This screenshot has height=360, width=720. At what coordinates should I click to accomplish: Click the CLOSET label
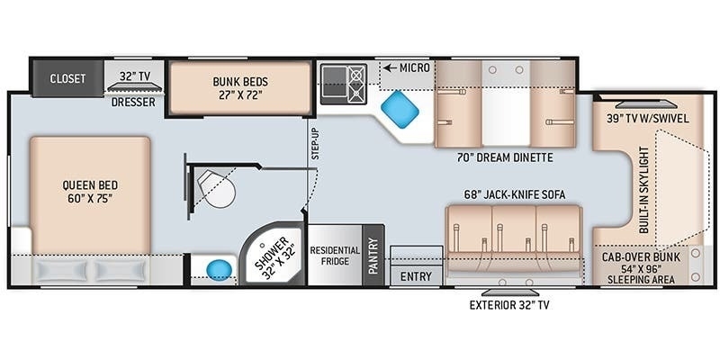click(67, 78)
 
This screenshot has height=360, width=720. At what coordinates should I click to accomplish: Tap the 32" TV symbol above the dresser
click(134, 86)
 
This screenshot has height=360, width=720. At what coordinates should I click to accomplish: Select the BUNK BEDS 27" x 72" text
click(240, 88)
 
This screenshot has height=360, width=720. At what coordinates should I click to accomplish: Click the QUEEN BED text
click(90, 192)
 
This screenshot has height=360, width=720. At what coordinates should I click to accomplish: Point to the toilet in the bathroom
click(216, 189)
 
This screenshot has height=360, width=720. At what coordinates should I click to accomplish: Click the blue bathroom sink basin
click(220, 269)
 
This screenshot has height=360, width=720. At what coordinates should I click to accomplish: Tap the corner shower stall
click(274, 254)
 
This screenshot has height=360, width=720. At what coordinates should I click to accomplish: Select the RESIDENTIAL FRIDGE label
click(335, 256)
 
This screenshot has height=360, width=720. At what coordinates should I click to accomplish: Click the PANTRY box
click(373, 256)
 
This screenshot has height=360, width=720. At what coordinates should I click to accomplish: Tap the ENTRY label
click(416, 276)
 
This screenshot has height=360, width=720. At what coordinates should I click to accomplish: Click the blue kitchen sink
click(400, 110)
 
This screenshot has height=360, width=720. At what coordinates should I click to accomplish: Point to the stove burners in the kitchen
click(357, 85)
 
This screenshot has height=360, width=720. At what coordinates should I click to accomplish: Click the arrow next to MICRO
click(391, 68)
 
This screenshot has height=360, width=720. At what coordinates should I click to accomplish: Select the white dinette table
click(506, 103)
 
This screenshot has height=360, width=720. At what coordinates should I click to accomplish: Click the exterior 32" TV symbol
click(509, 292)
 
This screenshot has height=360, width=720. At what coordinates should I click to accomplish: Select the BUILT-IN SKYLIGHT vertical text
click(643, 190)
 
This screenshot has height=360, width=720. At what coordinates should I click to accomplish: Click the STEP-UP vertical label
click(315, 144)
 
